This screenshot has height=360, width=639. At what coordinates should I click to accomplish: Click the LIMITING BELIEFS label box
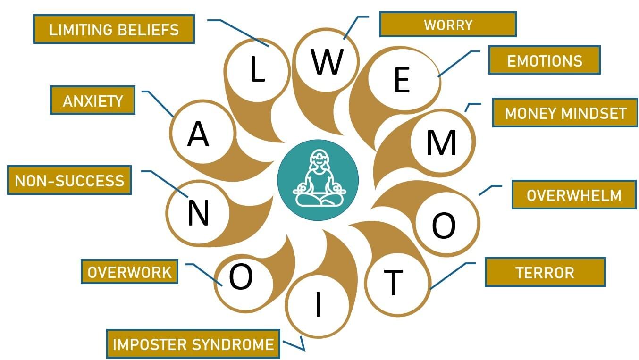tap(114, 29)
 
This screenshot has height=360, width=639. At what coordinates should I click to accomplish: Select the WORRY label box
tap(447, 24)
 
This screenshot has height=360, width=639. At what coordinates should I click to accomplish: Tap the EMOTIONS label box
tap(544, 60)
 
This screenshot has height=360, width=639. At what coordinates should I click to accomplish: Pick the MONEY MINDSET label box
tap(565, 113)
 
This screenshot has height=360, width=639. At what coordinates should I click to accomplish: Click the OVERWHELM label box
tap(574, 194)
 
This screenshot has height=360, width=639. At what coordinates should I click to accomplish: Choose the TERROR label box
tap(545, 272)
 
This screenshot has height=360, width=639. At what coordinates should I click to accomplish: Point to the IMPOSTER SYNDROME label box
tap(193, 343)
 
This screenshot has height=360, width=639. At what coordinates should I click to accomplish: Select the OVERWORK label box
tap(129, 271)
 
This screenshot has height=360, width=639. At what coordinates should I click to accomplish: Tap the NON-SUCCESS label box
tap(69, 180)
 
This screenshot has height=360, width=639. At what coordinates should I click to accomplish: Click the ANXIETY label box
tap(92, 100)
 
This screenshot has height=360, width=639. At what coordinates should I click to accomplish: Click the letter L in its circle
tap(257, 70)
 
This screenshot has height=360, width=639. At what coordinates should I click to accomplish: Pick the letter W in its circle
tap(327, 61)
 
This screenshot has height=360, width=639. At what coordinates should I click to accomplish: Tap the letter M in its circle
tap(441, 142)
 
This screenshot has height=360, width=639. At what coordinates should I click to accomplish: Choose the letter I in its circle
tap(318, 304)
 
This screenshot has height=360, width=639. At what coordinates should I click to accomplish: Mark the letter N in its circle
tap(198, 213)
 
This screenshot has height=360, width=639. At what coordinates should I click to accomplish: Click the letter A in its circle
tap(198, 134)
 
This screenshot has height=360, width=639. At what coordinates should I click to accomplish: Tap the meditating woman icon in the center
tap(318, 180)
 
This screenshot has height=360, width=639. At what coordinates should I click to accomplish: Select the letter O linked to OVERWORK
tap(241, 277)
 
